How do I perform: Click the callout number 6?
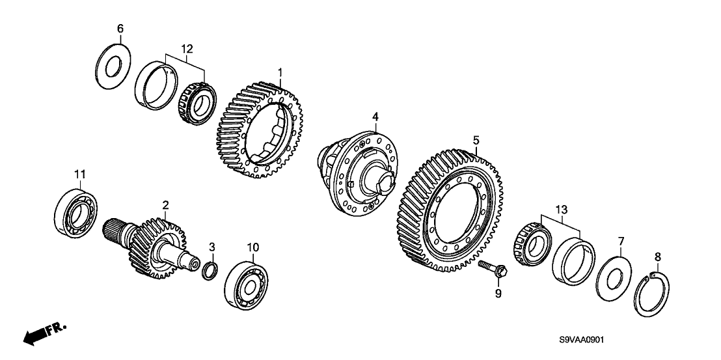click(x=120, y=29)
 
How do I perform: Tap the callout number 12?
click(x=187, y=49)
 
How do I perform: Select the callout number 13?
click(x=562, y=210)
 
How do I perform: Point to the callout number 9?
click(x=498, y=294)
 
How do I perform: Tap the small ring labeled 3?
click(x=210, y=271)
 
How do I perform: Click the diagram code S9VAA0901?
click(x=581, y=340)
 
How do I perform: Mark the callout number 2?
click(x=165, y=204)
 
